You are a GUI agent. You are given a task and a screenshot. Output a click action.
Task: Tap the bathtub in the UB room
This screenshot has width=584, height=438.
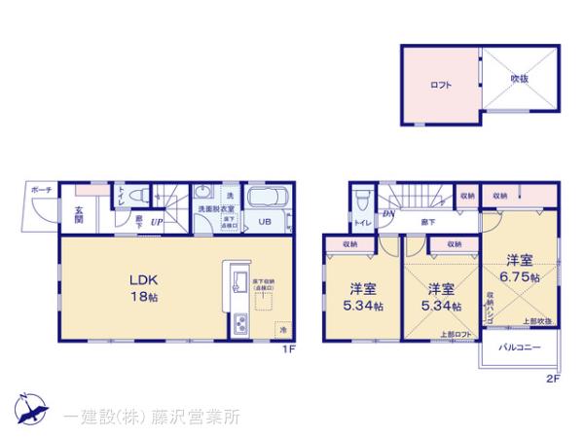pyautogui.click(x=267, y=200)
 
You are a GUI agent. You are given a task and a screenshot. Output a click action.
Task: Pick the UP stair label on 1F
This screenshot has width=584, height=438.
pyautogui.click(x=156, y=223)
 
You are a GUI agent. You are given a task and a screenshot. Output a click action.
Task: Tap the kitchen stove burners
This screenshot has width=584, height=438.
pyautogui.click(x=237, y=325)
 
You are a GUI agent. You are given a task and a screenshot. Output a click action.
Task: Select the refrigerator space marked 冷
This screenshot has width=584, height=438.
pyautogui.click(x=282, y=328)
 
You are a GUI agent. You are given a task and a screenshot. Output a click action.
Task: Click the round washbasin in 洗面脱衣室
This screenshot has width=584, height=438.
pyautogui.click(x=202, y=193)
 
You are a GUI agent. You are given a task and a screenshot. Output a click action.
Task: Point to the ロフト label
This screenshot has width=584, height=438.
pyautogui.click(x=441, y=85)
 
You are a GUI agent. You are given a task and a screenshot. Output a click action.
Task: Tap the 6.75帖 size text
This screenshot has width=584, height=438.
pyautogui.click(x=522, y=276)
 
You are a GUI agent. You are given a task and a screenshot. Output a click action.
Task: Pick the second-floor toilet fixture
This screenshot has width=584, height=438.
pyautogui.click(x=361, y=200)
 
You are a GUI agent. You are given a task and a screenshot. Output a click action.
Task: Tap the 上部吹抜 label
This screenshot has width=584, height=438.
pyautogui.click(x=537, y=320)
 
